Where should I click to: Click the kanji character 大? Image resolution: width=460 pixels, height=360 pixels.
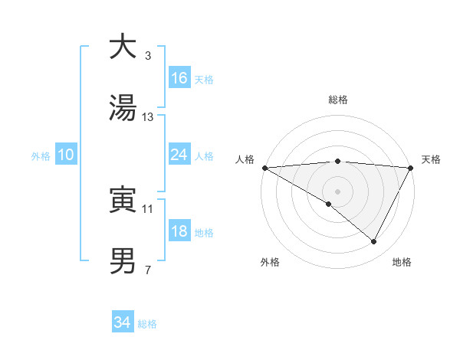(x=123, y=47)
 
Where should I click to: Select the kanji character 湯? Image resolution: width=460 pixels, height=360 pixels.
(x=123, y=108)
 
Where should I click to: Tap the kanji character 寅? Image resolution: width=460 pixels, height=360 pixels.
(x=123, y=200)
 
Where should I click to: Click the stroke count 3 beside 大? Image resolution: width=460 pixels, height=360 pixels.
(x=148, y=56)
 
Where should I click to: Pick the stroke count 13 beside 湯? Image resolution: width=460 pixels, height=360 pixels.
(x=148, y=117)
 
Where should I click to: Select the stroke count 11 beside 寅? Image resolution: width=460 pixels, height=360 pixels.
(x=148, y=208)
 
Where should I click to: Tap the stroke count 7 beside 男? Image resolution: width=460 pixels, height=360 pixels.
(x=148, y=270)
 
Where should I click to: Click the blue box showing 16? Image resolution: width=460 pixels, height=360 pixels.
(x=179, y=78)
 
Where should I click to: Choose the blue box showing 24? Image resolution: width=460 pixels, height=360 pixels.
(x=179, y=155)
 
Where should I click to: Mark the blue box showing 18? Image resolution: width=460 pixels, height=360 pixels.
(x=179, y=231)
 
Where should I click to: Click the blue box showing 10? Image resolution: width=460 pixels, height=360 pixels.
(x=66, y=155)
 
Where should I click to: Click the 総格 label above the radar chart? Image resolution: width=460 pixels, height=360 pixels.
(x=338, y=100)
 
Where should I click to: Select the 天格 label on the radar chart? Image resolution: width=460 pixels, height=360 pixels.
(x=431, y=159)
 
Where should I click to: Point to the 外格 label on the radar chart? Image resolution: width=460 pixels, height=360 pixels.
(x=270, y=262)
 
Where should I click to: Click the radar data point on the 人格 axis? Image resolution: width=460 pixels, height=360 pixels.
(x=264, y=168)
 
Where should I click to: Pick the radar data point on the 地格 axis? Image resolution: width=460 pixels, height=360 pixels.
(x=374, y=242)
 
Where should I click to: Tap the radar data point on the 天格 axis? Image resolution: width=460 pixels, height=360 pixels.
(x=411, y=168)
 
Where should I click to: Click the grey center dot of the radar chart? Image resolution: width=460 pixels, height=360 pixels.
(x=337, y=191)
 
